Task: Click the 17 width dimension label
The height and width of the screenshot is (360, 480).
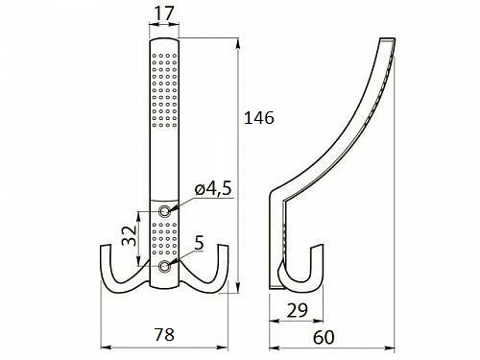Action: (165, 13)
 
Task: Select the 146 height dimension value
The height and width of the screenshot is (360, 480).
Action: (259, 118)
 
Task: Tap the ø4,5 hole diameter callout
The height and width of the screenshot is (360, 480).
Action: (213, 189)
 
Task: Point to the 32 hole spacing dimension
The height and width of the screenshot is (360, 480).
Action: (130, 235)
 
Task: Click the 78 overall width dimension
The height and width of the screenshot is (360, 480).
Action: (164, 334)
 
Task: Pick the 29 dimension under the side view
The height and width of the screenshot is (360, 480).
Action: (298, 310)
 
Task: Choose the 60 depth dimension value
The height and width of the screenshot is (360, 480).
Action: (324, 337)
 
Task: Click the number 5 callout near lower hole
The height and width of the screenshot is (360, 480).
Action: (199, 243)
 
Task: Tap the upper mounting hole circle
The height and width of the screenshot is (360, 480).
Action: (164, 211)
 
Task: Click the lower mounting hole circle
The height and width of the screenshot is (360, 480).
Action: (164, 266)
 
